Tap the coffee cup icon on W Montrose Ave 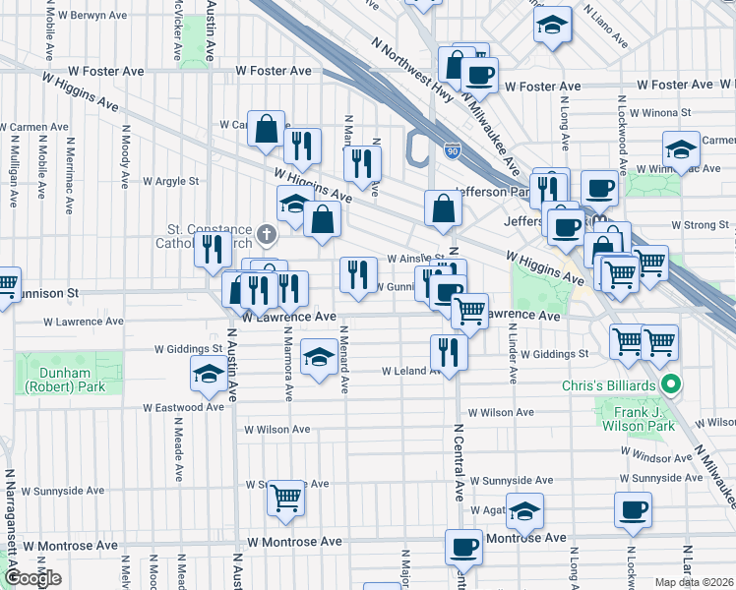[463, 546]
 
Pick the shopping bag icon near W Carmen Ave [267, 128]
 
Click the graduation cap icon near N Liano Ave [553, 24]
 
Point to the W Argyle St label [171, 181]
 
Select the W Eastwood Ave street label [183, 407]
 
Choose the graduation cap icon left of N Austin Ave [208, 373]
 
